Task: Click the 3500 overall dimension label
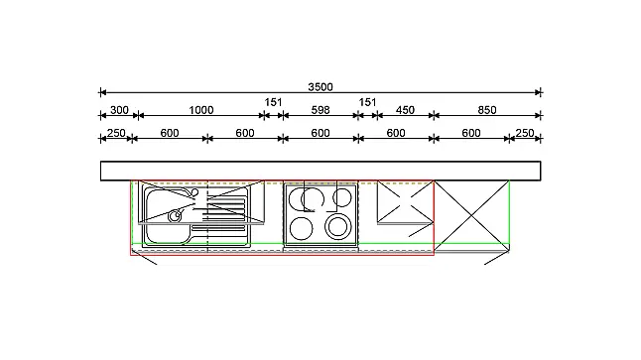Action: pyautogui.click(x=320, y=87)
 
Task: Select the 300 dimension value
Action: pyautogui.click(x=119, y=110)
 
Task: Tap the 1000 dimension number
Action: pyautogui.click(x=201, y=110)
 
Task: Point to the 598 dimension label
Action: pyautogui.click(x=320, y=110)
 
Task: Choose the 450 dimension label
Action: pyautogui.click(x=405, y=110)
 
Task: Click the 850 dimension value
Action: pyautogui.click(x=487, y=110)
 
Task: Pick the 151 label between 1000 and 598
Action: pyautogui.click(x=273, y=102)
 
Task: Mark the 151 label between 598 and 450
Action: pyautogui.click(x=367, y=102)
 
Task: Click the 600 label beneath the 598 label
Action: pyautogui.click(x=320, y=133)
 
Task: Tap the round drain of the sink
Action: pyautogui.click(x=175, y=216)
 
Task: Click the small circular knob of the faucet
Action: pyautogui.click(x=194, y=192)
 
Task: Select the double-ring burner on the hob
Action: pyautogui.click(x=337, y=227)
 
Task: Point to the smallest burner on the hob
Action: pyautogui.click(x=341, y=197)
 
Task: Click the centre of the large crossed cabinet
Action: pyautogui.click(x=471, y=215)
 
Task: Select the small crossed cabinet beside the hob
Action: pyautogui.click(x=405, y=202)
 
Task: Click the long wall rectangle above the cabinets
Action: pyautogui.click(x=320, y=171)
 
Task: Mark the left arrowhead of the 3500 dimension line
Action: pyautogui.click(x=103, y=92)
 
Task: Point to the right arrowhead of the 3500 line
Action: pyautogui.click(x=538, y=92)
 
